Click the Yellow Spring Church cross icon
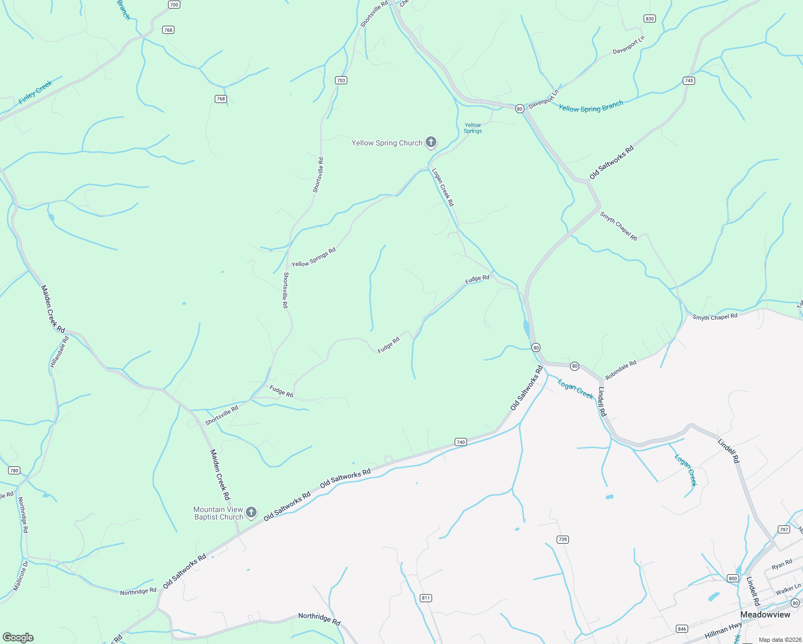click(430, 142)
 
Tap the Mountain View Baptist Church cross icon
click(251, 513)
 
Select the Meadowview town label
click(765, 614)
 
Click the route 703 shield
click(341, 80)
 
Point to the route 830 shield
click(649, 19)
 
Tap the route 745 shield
click(689, 80)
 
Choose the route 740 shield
click(461, 442)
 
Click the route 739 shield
click(562, 539)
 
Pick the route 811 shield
click(426, 598)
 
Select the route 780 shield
click(14, 471)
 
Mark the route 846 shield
click(682, 628)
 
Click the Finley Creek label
click(35, 92)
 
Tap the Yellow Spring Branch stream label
click(590, 106)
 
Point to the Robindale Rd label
click(620, 370)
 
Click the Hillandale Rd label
click(60, 352)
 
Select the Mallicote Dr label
click(20, 576)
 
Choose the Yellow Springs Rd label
click(313, 257)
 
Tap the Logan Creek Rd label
click(443, 187)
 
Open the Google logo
click(18, 638)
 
